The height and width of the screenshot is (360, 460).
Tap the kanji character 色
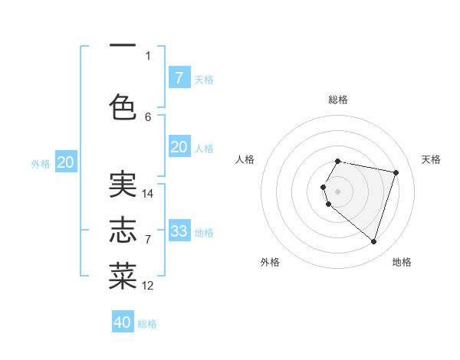point(123,107)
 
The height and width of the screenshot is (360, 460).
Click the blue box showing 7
point(179,77)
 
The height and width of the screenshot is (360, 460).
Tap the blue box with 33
point(179,231)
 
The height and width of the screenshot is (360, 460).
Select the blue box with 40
point(123,322)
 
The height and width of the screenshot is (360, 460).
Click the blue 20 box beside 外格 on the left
point(66,162)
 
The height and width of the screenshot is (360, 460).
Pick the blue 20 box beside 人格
point(179,147)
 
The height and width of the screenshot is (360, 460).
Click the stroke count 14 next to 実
point(148,194)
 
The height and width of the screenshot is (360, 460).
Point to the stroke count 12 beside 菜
point(148,286)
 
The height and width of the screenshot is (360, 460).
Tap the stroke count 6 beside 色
point(148,116)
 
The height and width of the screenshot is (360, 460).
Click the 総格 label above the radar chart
point(338,100)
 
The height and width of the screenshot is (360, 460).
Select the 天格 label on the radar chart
point(431,159)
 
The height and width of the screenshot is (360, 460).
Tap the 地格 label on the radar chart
point(402,262)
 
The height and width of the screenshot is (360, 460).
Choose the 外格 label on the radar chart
point(270,262)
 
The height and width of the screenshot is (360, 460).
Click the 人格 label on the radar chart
point(245,159)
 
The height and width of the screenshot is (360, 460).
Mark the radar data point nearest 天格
point(396,172)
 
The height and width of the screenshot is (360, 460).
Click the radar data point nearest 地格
point(373,241)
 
